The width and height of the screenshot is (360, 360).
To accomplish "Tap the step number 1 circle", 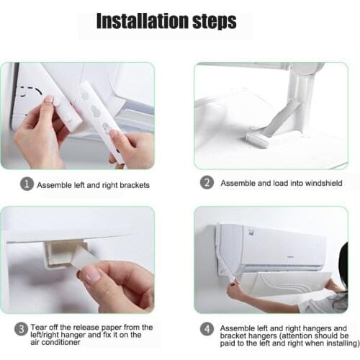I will tap(26, 184).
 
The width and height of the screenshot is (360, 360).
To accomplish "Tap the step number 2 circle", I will tap(207, 183).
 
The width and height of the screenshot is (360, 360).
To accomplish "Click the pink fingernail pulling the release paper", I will tap(93, 274).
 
